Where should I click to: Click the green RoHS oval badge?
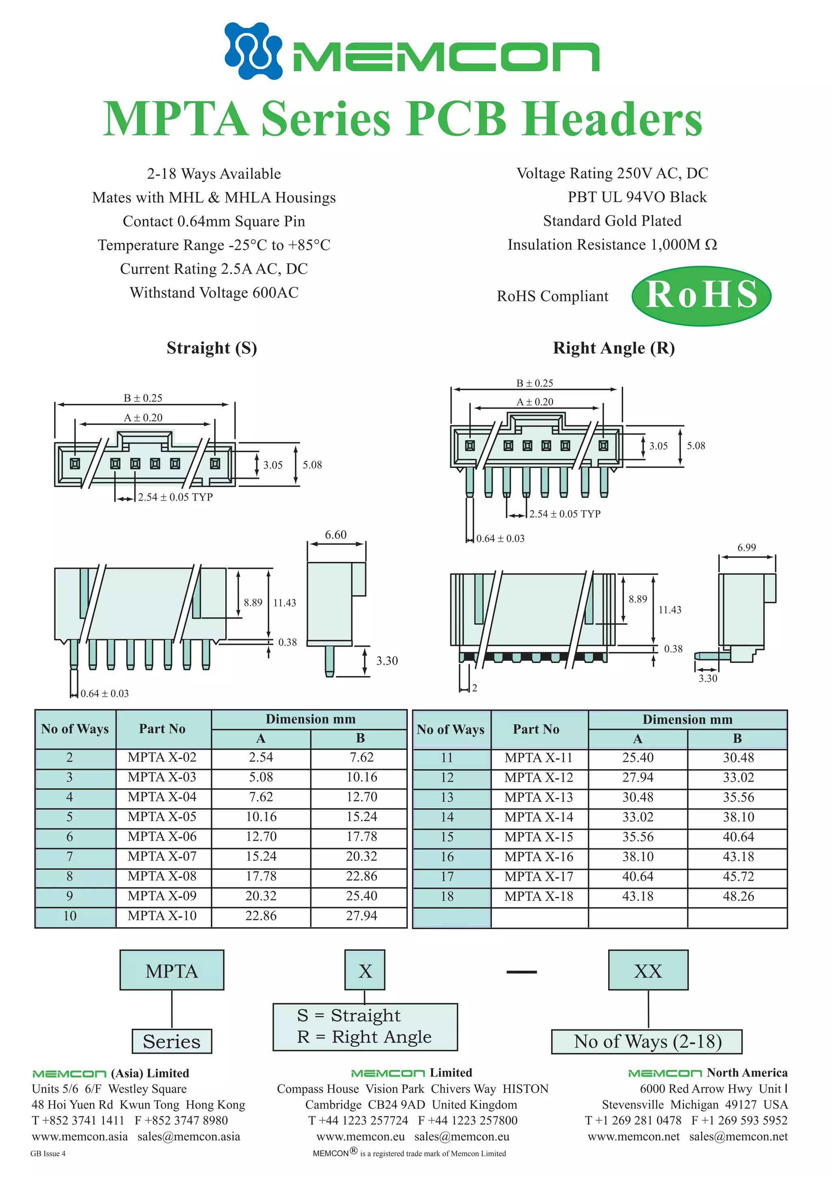[701, 296]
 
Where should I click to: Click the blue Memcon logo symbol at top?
[253, 51]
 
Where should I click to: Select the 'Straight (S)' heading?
[211, 348]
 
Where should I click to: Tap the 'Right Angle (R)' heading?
[613, 348]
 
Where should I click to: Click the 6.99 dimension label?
[746, 548]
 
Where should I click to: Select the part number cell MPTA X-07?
[162, 856]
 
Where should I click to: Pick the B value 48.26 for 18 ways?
[738, 897]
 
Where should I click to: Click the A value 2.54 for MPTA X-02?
[260, 758]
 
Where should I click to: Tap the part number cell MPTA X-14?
[538, 817]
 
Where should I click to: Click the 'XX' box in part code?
[648, 971]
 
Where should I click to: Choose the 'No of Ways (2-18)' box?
[646, 1041]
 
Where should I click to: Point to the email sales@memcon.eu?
[461, 1136]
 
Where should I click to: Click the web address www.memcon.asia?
[80, 1136]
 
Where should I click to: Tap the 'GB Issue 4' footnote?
[48, 1153]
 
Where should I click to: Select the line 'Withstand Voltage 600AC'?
[214, 293]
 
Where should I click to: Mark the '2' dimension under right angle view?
[474, 688]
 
